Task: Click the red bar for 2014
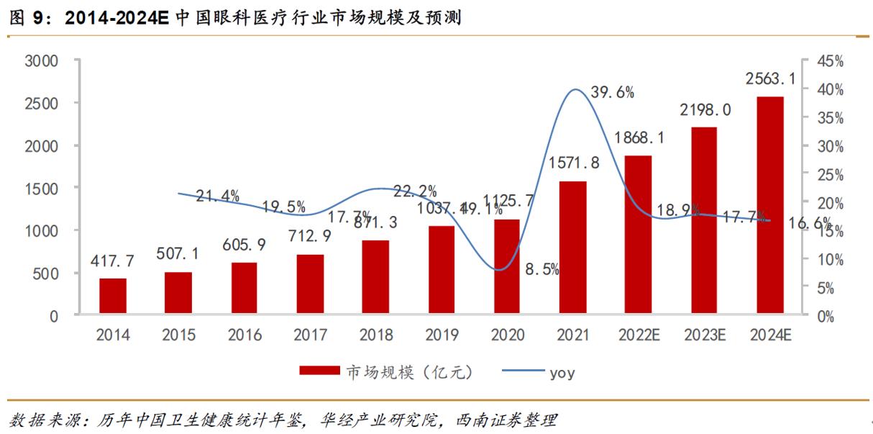113,297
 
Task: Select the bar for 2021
572,248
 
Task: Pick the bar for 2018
375,277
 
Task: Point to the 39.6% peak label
611,92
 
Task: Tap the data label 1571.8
572,163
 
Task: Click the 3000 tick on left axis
41,61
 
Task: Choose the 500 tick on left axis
46,273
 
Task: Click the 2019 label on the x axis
442,335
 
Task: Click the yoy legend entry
562,372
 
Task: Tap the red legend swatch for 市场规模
319,371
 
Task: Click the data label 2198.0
705,109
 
